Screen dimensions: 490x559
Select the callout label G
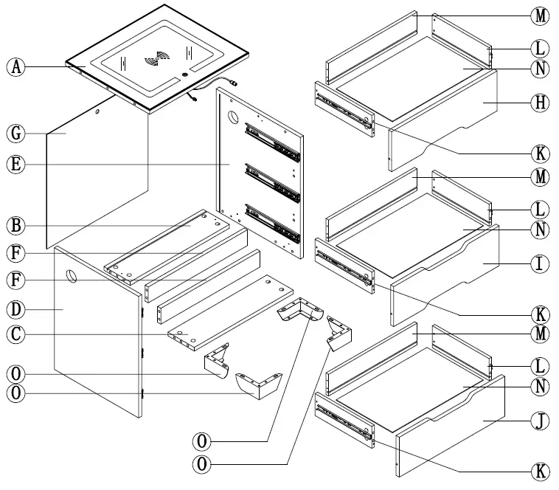pyautogui.click(x=15, y=134)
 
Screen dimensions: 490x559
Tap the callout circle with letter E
pyautogui.click(x=15, y=164)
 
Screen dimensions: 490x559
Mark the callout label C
pyautogui.click(x=15, y=334)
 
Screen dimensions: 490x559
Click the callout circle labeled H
pyautogui.click(x=540, y=103)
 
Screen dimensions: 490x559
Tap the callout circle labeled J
pyautogui.click(x=540, y=421)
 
